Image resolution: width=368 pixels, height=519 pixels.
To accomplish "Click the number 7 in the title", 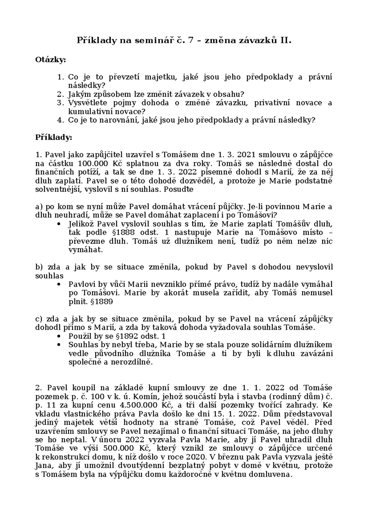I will (190, 40).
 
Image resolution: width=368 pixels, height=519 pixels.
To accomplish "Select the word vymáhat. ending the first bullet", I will (85, 250).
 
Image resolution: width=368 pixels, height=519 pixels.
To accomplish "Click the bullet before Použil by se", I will (59, 336).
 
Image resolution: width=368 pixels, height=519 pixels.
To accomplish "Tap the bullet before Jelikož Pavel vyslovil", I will (59, 224).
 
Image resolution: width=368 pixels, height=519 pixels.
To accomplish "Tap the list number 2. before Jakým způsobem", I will (60, 94).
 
